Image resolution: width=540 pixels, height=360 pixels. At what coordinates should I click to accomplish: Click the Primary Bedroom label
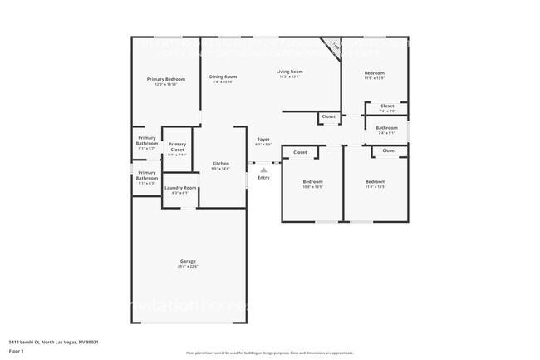click(x=165, y=79)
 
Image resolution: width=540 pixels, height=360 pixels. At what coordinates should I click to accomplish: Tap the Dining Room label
click(x=223, y=76)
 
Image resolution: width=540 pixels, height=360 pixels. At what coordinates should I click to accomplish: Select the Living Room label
click(x=289, y=72)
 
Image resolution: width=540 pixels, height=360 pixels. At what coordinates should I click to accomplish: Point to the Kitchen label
click(x=220, y=163)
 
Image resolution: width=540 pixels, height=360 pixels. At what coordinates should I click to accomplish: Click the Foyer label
click(x=263, y=139)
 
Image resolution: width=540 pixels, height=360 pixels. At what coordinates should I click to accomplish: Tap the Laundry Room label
click(x=180, y=188)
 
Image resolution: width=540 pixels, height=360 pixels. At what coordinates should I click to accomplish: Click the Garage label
click(x=188, y=261)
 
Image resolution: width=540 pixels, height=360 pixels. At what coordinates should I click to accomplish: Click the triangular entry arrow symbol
click(x=263, y=170)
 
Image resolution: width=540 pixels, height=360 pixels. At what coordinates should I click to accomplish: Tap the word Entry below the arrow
click(x=263, y=178)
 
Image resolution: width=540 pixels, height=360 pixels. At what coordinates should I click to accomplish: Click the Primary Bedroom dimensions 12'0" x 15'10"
click(x=165, y=84)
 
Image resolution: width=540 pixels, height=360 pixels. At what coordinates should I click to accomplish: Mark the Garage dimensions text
click(x=188, y=266)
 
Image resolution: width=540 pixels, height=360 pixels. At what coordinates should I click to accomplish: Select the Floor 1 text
click(x=17, y=352)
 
